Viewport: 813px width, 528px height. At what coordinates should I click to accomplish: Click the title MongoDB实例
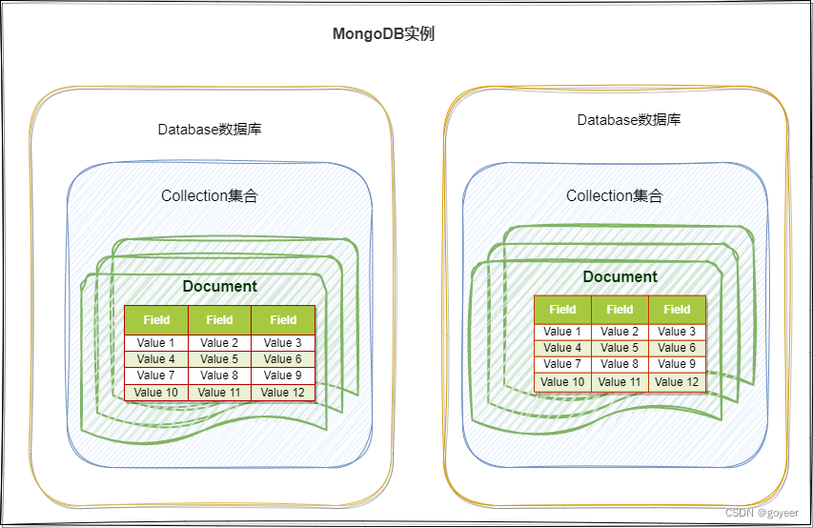(x=383, y=33)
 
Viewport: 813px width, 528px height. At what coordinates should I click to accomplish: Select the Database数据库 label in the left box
(x=210, y=129)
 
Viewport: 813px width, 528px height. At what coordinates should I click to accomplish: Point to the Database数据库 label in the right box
(x=629, y=120)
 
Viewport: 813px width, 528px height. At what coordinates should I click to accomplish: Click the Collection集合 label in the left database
(x=210, y=196)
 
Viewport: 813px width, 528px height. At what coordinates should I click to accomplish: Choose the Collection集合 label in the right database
(x=615, y=195)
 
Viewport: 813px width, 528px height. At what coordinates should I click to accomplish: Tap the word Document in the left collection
(x=219, y=286)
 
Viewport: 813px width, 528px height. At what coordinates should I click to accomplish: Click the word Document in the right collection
(x=620, y=276)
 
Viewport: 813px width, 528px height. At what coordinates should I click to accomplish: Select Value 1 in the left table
(x=156, y=343)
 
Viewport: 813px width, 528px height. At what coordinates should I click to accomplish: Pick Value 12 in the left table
(x=283, y=392)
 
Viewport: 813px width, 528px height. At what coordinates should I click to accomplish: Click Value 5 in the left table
(x=219, y=359)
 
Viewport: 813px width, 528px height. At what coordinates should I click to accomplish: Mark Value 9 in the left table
(x=283, y=376)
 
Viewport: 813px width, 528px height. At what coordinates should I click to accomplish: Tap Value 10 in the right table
(x=562, y=382)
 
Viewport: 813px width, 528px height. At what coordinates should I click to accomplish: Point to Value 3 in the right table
(x=677, y=332)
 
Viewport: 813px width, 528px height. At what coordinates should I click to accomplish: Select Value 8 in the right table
(x=620, y=364)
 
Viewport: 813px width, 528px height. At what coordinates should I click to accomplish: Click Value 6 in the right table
(x=677, y=348)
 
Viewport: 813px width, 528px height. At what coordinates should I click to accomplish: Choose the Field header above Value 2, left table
(x=219, y=319)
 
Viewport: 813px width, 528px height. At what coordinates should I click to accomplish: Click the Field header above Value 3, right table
(x=677, y=309)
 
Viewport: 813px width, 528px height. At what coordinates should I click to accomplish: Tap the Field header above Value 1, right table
(x=562, y=309)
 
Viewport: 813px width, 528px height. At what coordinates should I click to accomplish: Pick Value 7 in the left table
(x=156, y=376)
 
